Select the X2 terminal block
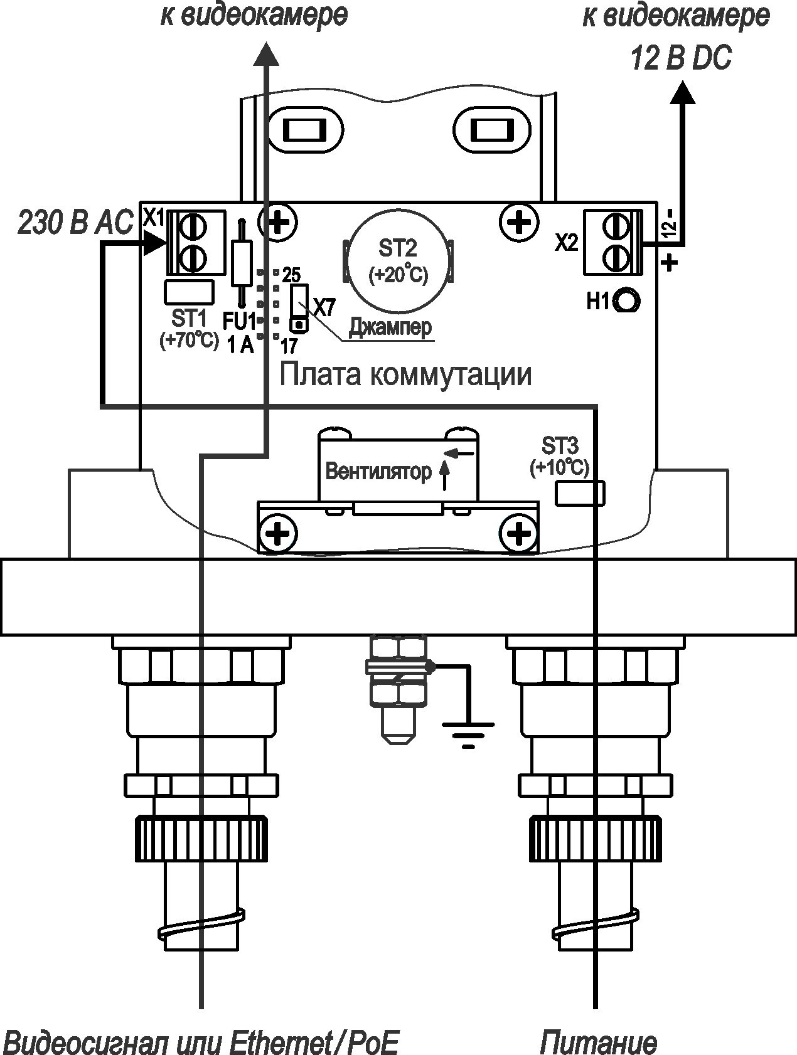pyautogui.click(x=614, y=242)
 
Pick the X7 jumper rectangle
pyautogui.click(x=299, y=307)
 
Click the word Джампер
pyautogui.click(x=390, y=326)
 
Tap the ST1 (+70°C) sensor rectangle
pyautogui.click(x=188, y=292)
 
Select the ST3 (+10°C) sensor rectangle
pyautogui.click(x=580, y=492)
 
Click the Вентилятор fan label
pyautogui.click(x=378, y=471)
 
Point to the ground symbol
pyautogui.click(x=468, y=734)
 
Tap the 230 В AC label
pyautogui.click(x=75, y=223)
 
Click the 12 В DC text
pyautogui.click(x=682, y=60)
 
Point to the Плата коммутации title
pyautogui.click(x=405, y=374)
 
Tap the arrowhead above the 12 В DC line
pyautogui.click(x=682, y=93)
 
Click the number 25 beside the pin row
pyautogui.click(x=291, y=274)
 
